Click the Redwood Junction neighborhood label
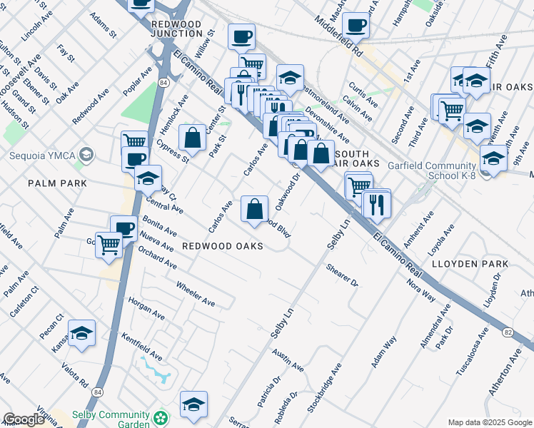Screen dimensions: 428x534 point(177,28)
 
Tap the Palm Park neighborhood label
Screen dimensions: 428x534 point(57,183)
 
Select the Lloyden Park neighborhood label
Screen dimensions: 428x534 point(470,264)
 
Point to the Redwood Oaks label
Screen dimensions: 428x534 point(222,246)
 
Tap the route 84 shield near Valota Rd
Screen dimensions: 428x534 point(96,392)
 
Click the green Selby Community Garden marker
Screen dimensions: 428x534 point(163,416)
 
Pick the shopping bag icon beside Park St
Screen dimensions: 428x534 point(192,138)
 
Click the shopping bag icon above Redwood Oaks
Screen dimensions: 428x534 point(255,209)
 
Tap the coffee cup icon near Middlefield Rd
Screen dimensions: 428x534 point(356,26)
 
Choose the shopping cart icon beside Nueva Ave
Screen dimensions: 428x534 point(109,244)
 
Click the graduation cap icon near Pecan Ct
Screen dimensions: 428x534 point(82,332)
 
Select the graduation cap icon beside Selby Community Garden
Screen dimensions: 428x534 point(193,404)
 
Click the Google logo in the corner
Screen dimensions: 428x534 point(24,419)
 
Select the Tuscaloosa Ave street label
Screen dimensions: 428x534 point(471,353)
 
